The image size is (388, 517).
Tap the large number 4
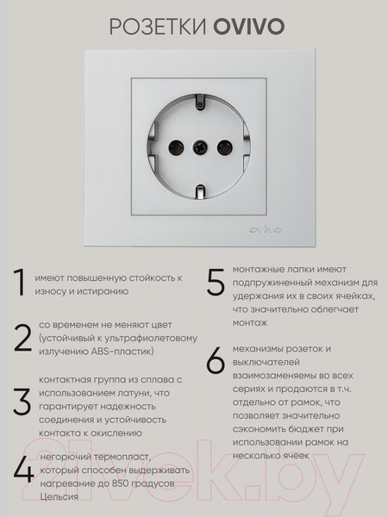23,471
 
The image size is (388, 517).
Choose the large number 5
216,283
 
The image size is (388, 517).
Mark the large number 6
216,362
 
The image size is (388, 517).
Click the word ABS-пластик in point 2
125,352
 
